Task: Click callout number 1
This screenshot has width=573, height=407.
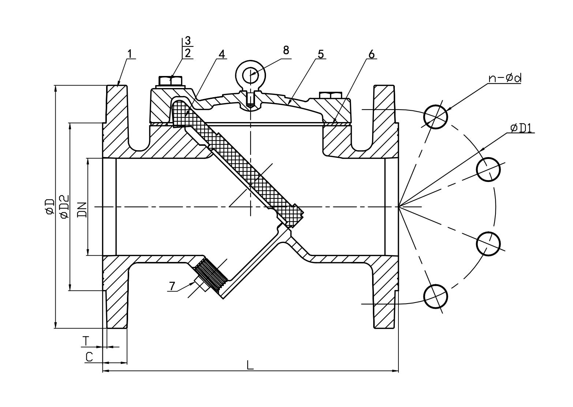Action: coord(130,53)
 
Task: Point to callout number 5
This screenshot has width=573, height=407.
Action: coord(321,54)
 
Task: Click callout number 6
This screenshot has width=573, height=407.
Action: coord(371,54)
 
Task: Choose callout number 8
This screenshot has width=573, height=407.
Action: coord(286,50)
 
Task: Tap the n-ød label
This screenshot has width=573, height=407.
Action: coord(505,78)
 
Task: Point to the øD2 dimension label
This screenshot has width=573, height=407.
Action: coord(64,207)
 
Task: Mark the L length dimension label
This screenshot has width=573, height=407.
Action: coord(250,365)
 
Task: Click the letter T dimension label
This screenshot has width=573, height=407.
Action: coord(85,341)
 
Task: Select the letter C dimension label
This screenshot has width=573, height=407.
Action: coord(89,356)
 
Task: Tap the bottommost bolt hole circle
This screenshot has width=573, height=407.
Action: coord(435,297)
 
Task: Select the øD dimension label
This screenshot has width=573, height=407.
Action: coord(49,207)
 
